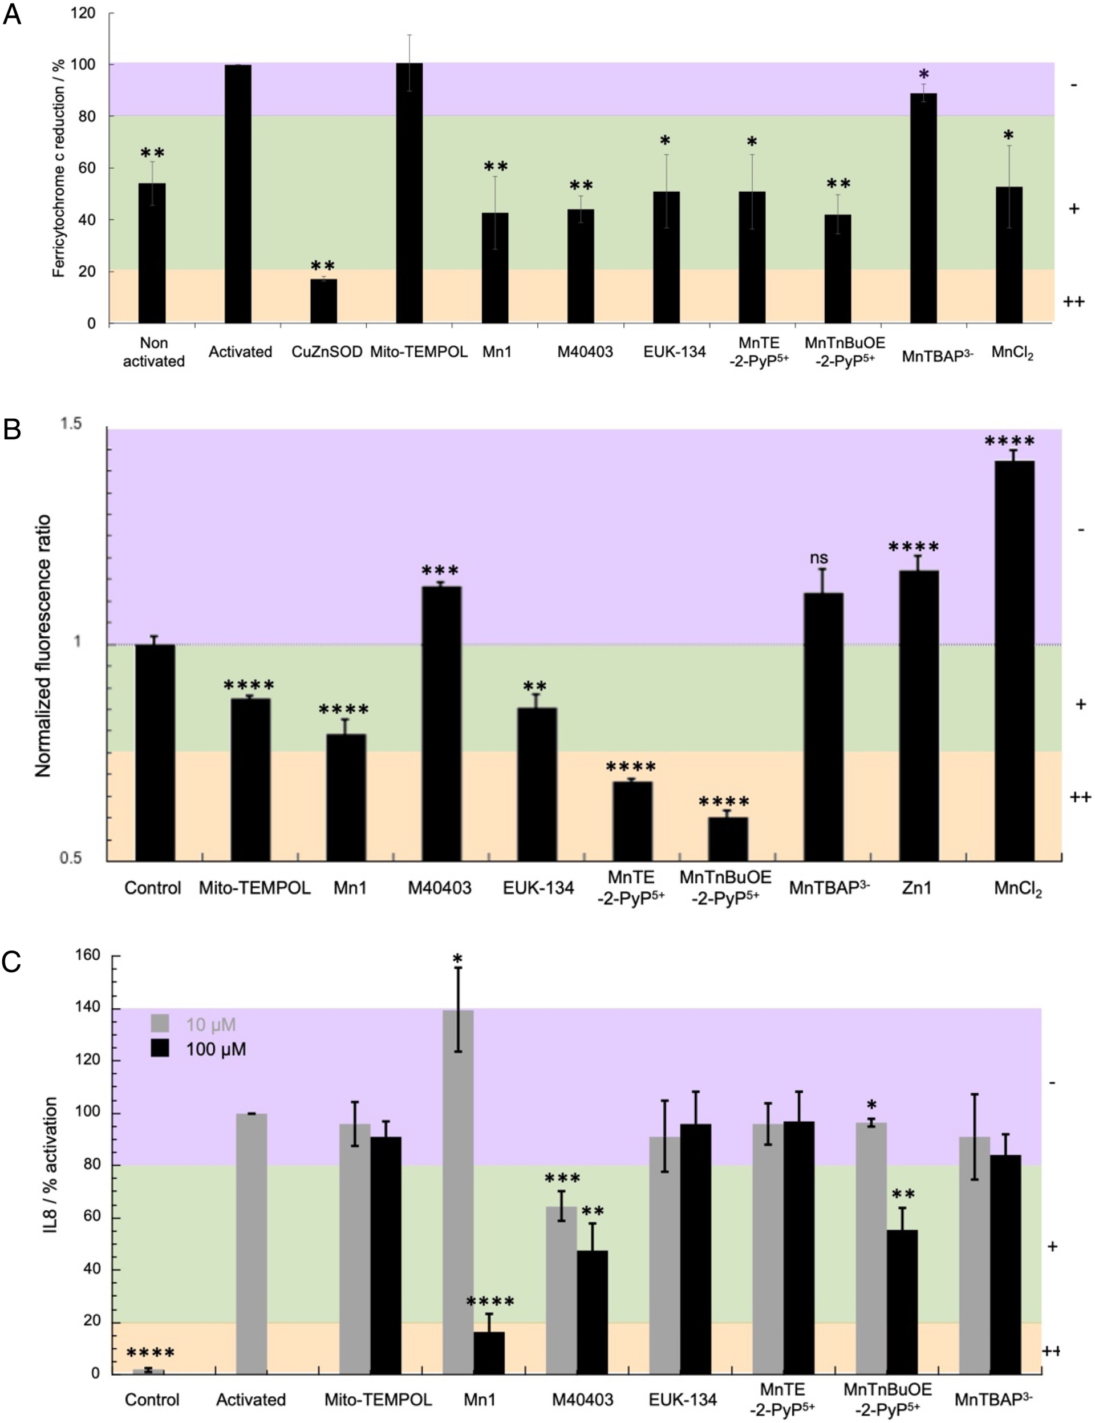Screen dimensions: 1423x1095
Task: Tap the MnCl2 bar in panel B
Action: tap(1014, 661)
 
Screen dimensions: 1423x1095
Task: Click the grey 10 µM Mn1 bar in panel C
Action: tap(458, 1192)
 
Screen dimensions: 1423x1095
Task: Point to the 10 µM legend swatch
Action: tap(160, 1024)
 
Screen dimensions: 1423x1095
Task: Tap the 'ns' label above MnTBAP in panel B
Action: tap(819, 558)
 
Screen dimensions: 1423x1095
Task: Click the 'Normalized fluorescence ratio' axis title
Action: tap(43, 645)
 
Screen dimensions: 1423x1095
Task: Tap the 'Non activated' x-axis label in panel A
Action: tap(154, 352)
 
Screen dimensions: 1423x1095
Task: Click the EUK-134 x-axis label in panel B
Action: tap(538, 887)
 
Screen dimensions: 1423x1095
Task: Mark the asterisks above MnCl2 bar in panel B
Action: tap(1009, 441)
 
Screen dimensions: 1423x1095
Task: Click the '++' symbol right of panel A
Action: tap(1073, 301)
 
